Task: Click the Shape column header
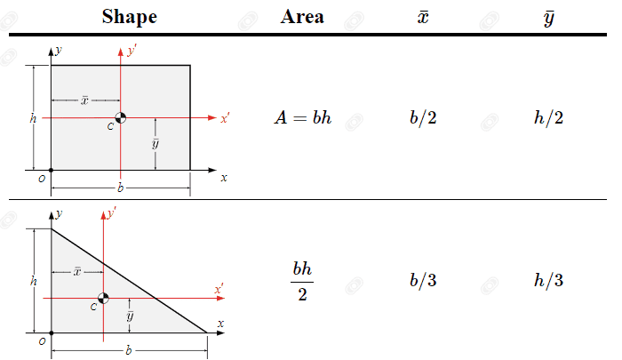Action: tap(130, 16)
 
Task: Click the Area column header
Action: tap(302, 16)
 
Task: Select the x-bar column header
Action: tap(423, 16)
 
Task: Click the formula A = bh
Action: tap(302, 119)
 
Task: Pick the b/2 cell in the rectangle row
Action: tap(423, 119)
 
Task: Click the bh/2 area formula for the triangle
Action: tap(302, 280)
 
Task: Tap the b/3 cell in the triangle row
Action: tap(423, 280)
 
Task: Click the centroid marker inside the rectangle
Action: tap(121, 117)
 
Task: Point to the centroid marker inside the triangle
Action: tap(104, 298)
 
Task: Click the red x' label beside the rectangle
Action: tap(225, 118)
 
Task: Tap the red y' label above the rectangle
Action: tap(132, 52)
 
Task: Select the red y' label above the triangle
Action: tap(113, 214)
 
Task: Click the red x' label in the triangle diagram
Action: tap(219, 289)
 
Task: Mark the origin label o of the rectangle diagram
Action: tap(41, 178)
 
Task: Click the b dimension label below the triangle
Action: tap(129, 351)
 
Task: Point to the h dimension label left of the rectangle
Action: tap(33, 117)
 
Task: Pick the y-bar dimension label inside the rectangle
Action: tap(155, 142)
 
